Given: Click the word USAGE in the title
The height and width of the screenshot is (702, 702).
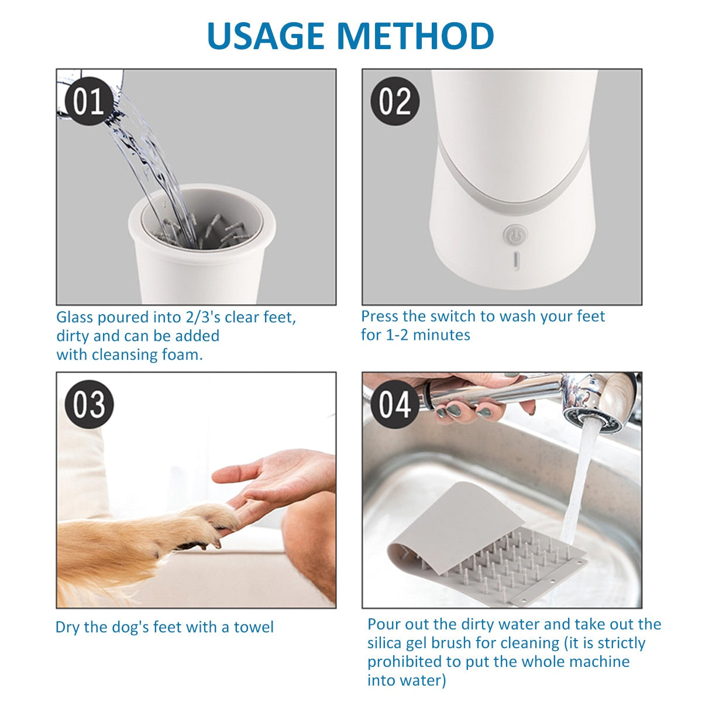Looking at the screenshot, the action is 266,36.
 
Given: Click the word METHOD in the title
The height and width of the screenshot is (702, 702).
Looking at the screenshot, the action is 415,36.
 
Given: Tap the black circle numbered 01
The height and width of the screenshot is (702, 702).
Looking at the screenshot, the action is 89,101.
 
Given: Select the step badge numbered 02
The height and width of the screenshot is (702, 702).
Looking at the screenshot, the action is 395,101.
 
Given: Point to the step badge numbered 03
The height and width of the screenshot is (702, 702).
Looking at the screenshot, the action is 89,404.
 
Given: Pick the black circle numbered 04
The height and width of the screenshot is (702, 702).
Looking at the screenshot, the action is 395,404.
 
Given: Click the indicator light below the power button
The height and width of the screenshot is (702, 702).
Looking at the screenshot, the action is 516,261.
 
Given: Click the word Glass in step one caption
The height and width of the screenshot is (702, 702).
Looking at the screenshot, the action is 75,317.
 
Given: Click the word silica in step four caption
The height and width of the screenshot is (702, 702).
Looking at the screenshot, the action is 384,643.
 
